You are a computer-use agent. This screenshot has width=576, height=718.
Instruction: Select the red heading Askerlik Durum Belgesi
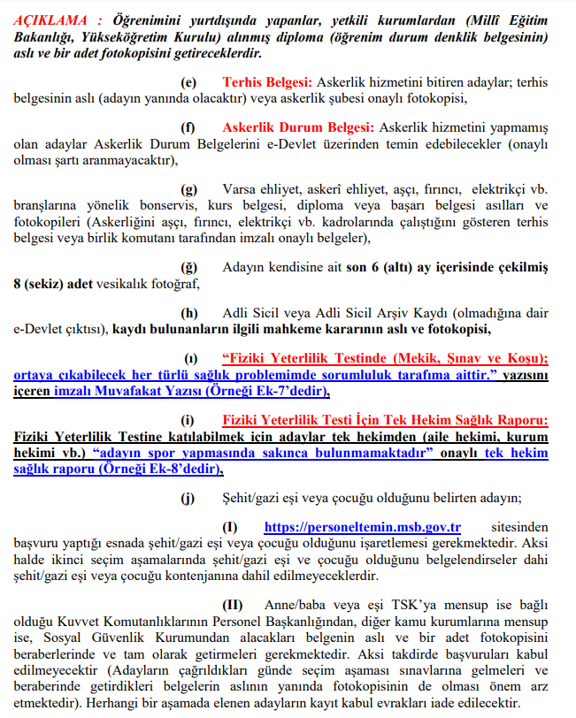[299, 128]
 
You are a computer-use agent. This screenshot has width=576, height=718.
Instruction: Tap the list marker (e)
[190, 81]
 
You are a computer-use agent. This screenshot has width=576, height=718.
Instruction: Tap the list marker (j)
[189, 499]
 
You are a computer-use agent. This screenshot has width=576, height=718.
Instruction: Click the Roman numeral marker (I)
[231, 528]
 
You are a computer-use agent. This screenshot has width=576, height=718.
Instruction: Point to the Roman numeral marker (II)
[233, 606]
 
